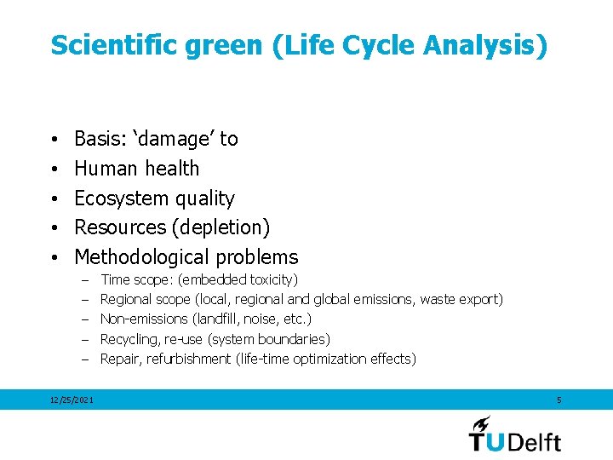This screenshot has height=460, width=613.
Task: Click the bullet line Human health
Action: [136, 169]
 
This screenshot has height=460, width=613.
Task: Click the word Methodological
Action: [141, 257]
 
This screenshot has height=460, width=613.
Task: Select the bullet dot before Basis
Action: [53, 140]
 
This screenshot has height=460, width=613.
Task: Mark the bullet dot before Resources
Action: [53, 228]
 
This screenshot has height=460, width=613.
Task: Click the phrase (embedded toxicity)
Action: [238, 279]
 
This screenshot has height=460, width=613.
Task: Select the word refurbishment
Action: [188, 359]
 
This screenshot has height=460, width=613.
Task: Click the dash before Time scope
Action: [85, 279]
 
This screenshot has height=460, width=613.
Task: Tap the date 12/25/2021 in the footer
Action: [72, 400]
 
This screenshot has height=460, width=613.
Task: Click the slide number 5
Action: [559, 400]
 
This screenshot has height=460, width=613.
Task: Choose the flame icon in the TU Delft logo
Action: [483, 423]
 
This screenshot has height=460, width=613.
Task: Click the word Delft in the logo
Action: [535, 440]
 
